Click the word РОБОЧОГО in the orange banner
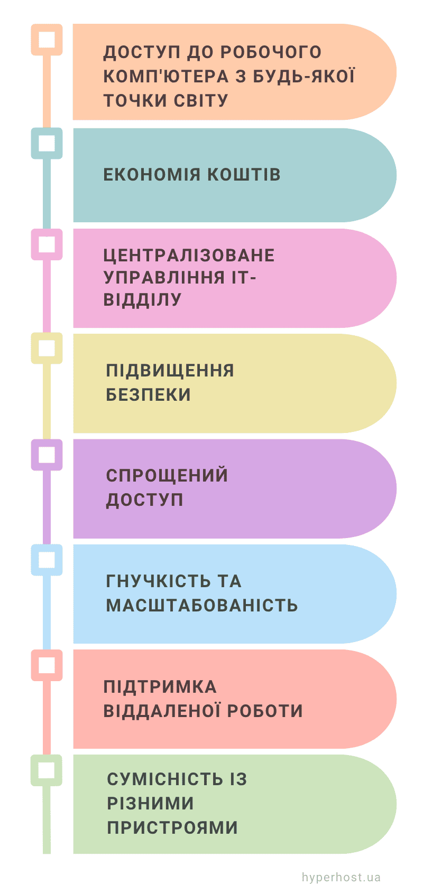(x=271, y=52)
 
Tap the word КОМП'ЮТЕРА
(x=166, y=77)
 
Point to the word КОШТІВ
(x=244, y=175)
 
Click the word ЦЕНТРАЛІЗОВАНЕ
(x=189, y=256)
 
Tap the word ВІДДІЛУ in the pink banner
(x=142, y=299)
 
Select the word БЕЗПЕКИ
(x=149, y=395)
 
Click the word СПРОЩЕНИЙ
(x=167, y=475)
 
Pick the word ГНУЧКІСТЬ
(x=158, y=581)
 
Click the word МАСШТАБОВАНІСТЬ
(x=202, y=605)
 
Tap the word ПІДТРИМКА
(x=160, y=687)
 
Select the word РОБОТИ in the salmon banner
(x=265, y=711)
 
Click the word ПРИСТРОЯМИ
(x=172, y=827)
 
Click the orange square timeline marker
(x=47, y=40)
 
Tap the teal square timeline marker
(x=47, y=144)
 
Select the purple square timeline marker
(x=47, y=455)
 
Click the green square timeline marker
(x=47, y=770)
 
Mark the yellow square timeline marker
(x=47, y=348)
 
